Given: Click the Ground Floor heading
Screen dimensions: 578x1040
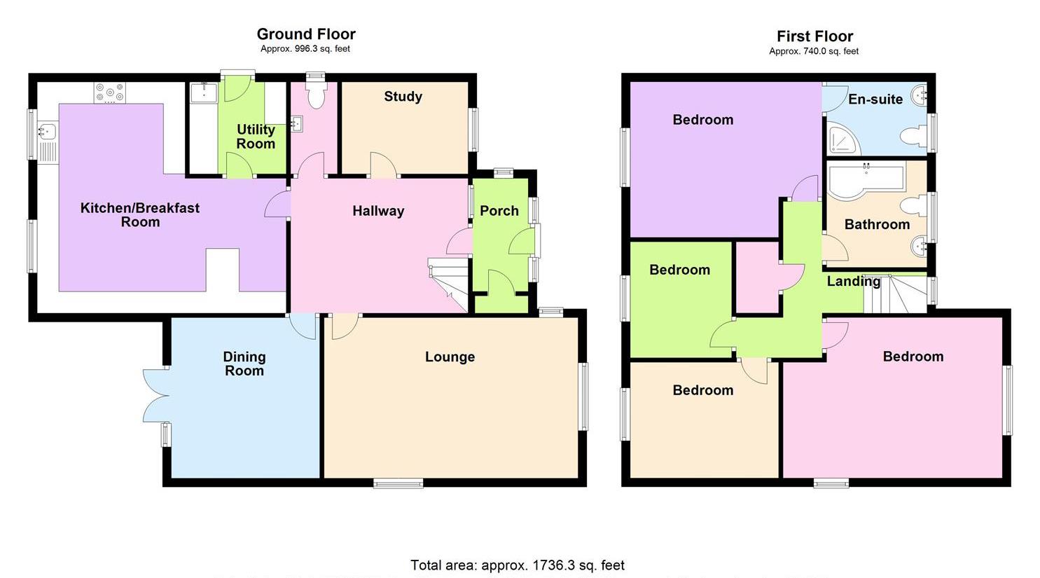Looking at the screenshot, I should coord(306,34).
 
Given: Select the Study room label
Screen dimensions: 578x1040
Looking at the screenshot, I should coord(403,97).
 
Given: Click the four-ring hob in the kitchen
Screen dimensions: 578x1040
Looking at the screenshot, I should coord(111,92).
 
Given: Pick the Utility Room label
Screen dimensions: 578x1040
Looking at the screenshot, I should coord(256,137).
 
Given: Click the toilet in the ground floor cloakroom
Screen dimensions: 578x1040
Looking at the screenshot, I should coord(316,95).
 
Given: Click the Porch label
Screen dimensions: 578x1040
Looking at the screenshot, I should coord(499,211).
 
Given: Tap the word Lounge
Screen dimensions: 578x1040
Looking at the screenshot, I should coord(450,357).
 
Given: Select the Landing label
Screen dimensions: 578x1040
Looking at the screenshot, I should coord(853,282).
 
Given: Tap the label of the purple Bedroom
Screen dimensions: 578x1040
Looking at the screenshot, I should coord(702,120).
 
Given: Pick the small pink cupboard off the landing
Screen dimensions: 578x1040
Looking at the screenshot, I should coord(757,277).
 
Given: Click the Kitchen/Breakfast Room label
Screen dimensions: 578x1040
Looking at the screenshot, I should coord(140,215).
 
